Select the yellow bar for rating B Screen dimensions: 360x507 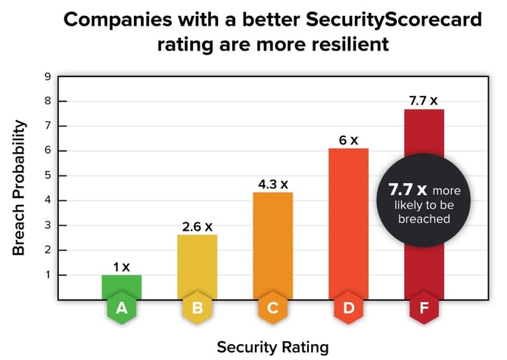198,266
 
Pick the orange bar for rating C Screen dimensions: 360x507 272,245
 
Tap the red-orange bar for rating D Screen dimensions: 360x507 348,223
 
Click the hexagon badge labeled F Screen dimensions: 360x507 423,309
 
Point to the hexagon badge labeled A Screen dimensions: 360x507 122,309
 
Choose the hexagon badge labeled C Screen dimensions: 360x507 272,309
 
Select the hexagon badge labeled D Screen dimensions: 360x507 348,309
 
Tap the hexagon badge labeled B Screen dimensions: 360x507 198,309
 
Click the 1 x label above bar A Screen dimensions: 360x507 122,267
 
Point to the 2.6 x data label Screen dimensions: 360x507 198,226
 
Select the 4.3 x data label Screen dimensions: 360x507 272,184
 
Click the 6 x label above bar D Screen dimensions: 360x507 348,140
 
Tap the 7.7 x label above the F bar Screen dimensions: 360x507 423,101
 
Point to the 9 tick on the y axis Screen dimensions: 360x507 48,76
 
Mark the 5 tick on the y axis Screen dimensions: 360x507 48,175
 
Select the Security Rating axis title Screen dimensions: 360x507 272,346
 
